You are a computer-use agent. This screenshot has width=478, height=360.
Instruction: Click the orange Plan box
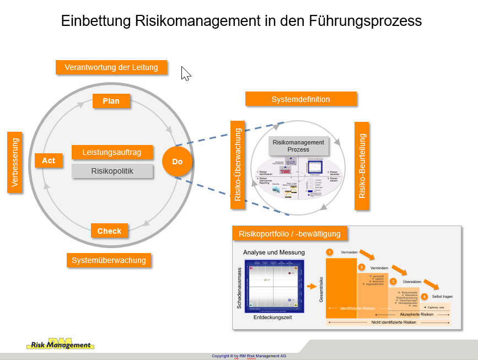pos(111,101)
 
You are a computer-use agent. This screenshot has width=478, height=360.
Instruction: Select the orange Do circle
pos(177,162)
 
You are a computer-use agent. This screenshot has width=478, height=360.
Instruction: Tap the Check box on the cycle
pos(109,230)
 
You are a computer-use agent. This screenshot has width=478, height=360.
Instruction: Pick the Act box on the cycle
pos(49,160)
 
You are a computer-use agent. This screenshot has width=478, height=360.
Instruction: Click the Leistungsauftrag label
pos(112,152)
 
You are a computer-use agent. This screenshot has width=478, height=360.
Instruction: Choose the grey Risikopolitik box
pos(112,171)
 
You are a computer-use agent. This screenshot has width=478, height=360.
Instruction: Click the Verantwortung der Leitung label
pos(111,67)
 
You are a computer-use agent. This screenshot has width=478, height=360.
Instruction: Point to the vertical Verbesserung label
pos(15,162)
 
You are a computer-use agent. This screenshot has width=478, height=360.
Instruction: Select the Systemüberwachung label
pos(109,260)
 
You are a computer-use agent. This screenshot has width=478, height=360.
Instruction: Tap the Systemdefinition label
pos(300,99)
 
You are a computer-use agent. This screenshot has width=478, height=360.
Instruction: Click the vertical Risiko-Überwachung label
pos(238,165)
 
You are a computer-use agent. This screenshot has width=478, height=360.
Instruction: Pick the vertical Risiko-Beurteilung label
pos(362,165)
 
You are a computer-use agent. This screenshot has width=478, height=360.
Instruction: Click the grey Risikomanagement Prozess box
pos(298,146)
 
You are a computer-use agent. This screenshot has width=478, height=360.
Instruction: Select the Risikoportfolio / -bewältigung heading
pos(289,233)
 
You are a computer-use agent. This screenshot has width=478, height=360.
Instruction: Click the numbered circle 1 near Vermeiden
pos(330,252)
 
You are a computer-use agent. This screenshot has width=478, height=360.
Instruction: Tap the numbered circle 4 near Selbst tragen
pos(425,296)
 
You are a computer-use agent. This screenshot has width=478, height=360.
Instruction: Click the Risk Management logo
pos(61,345)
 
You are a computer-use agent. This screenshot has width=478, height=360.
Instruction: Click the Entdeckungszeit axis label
pos(272,318)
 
